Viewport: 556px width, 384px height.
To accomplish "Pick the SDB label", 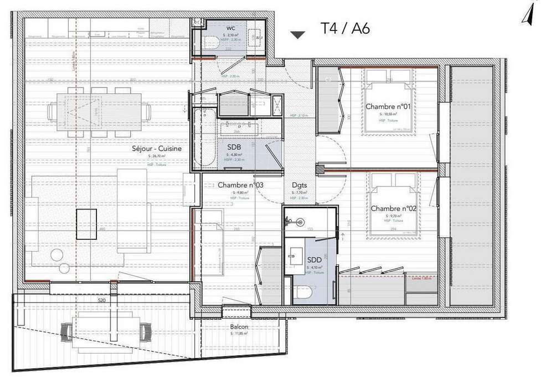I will click(234, 147).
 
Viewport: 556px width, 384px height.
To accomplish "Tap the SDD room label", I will click(315, 259).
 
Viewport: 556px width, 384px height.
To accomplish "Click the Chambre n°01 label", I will click(387, 106).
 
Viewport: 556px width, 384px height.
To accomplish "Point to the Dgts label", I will click(299, 186).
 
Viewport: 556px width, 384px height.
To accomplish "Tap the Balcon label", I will click(239, 327).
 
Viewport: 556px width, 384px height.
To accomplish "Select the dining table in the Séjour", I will click(99, 111).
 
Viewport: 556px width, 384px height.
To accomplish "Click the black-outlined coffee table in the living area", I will click(86, 223).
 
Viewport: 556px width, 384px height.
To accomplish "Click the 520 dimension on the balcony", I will click(101, 300).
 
